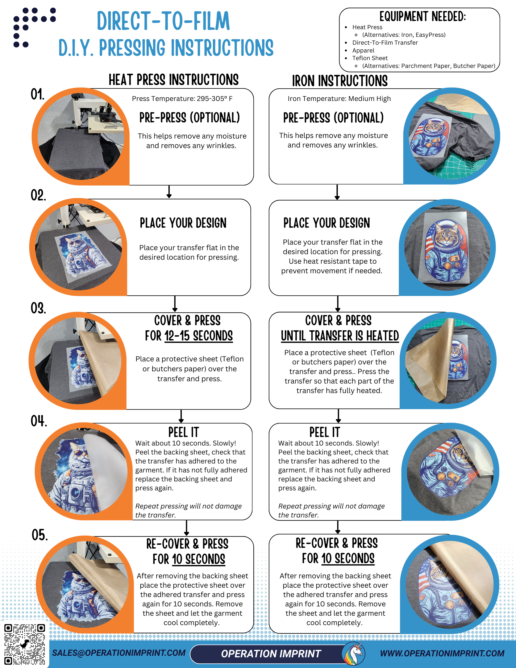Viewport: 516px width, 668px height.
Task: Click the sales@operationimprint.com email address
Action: [119, 653]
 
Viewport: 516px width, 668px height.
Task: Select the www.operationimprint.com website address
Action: [442, 653]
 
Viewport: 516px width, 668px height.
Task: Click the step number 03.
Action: [38, 308]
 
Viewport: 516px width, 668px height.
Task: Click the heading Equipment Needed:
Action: [422, 17]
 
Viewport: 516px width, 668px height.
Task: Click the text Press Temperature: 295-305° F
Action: [182, 98]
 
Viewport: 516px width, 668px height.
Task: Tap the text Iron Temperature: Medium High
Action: [339, 98]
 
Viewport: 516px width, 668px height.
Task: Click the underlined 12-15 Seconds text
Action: [198, 336]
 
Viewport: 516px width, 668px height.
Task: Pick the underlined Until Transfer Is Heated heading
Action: [339, 336]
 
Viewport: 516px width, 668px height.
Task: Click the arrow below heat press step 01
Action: [169, 192]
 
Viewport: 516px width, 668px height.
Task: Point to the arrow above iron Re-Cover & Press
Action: [338, 527]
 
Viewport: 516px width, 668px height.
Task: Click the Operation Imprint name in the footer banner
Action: [271, 654]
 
